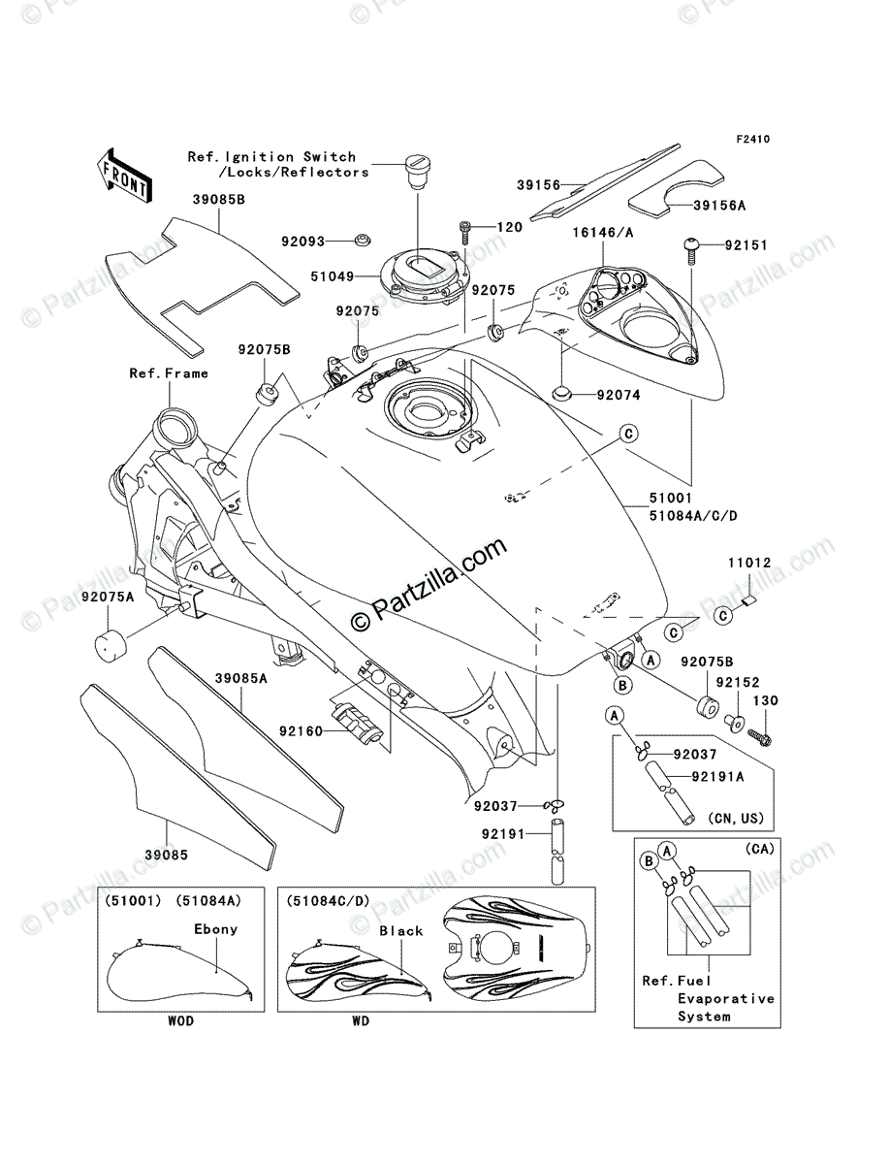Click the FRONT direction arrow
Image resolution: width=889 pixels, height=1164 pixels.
124,176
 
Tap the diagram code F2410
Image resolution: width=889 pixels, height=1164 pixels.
752,140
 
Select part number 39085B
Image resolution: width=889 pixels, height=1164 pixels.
218,200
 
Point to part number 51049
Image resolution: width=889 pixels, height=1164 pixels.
332,276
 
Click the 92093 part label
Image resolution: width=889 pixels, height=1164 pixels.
302,242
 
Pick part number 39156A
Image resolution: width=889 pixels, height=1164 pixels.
719,206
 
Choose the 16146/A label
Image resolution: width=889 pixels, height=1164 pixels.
603,232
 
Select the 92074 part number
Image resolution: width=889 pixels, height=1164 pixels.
619,395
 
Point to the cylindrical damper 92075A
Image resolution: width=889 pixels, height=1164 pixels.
112,645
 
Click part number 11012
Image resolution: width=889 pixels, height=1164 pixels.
749,562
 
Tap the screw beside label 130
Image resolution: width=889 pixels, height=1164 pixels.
759,737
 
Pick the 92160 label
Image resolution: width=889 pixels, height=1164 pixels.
301,731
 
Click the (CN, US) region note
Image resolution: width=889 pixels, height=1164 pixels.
737,819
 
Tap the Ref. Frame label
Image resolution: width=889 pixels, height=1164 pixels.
169,373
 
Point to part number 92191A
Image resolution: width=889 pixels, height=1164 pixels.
717,777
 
